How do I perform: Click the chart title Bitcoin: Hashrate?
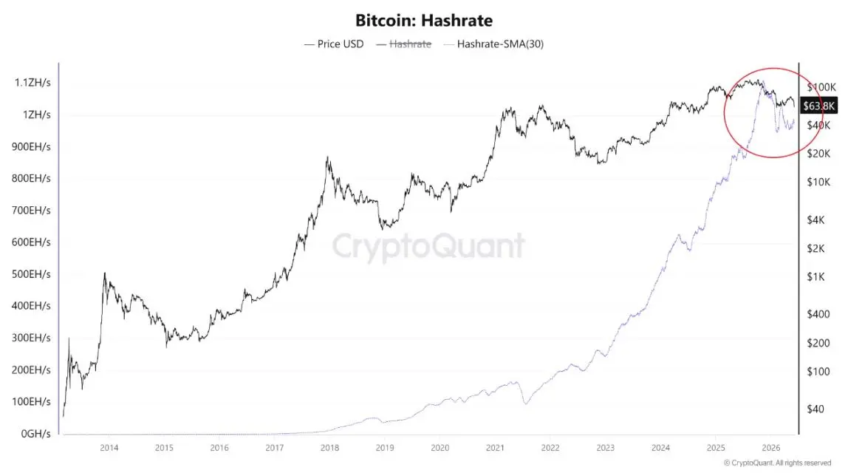pyautogui.click(x=424, y=21)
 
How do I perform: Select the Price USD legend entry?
pyautogui.click(x=334, y=44)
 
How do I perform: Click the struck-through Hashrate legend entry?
pyautogui.click(x=404, y=44)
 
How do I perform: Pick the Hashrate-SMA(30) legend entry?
pyautogui.click(x=493, y=44)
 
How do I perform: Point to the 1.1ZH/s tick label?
pyautogui.click(x=33, y=82)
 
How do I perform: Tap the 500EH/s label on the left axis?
pyautogui.click(x=31, y=274)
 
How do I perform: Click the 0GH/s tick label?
pyautogui.click(x=35, y=434)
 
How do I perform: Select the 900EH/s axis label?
pyautogui.click(x=31, y=146)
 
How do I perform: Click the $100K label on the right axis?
pyautogui.click(x=821, y=86)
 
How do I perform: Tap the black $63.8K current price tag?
pyautogui.click(x=818, y=106)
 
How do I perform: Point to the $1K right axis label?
pyautogui.click(x=815, y=276)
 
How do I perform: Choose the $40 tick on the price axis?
pyautogui.click(x=815, y=409)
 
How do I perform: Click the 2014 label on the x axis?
pyautogui.click(x=109, y=448)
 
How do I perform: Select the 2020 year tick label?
pyautogui.click(x=440, y=448)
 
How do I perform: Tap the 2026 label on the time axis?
pyautogui.click(x=771, y=448)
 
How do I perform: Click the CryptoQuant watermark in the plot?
pyautogui.click(x=428, y=247)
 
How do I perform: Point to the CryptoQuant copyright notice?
pyautogui.click(x=778, y=463)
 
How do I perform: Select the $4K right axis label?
pyautogui.click(x=815, y=220)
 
